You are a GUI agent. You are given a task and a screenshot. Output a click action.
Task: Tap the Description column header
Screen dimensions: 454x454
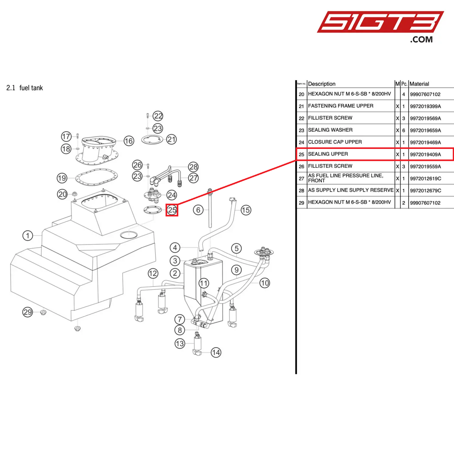(322, 84)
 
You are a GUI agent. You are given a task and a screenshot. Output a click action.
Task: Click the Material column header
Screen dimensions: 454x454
(419, 84)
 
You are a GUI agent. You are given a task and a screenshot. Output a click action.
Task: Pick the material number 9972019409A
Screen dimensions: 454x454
(425, 154)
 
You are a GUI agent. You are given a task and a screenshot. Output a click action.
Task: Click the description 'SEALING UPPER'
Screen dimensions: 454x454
(328, 154)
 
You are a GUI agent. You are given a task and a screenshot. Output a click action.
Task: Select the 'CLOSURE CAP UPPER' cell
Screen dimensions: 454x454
(335, 142)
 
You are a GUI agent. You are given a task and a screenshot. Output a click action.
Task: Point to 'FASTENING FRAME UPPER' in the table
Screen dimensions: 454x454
(341, 106)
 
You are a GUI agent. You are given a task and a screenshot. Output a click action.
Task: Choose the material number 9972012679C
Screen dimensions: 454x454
(425, 190)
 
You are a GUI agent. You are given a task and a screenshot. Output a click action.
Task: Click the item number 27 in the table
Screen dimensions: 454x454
(301, 178)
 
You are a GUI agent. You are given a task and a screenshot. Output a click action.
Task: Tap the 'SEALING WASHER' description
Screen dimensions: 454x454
(330, 130)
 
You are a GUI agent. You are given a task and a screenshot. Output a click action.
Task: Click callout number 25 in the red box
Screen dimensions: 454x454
(172, 210)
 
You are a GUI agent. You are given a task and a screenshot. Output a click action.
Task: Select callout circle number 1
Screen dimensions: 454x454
(28, 235)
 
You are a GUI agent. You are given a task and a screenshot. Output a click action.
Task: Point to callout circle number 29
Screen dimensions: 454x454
(28, 312)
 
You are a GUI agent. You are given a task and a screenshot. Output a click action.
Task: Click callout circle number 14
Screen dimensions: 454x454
(216, 353)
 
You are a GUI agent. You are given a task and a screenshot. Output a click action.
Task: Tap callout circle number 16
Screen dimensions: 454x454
(129, 141)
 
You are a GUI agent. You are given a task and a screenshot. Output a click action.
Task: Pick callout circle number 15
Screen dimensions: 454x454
(246, 210)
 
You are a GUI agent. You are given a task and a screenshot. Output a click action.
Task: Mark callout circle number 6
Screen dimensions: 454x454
(198, 210)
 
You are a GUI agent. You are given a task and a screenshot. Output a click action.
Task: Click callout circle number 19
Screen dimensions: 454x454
(62, 178)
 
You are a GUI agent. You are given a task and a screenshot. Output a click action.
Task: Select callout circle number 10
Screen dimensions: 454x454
(265, 283)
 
